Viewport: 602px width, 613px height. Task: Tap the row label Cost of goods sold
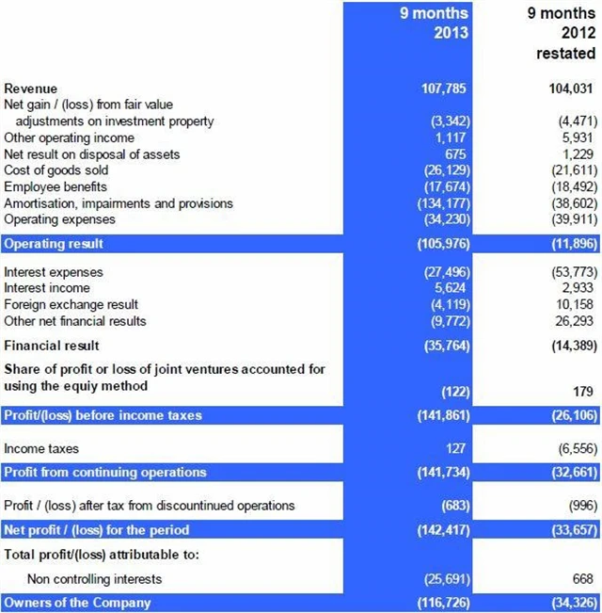tap(55, 170)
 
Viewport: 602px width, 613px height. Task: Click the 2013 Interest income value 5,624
tap(451, 288)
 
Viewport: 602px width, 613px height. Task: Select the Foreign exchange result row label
tap(71, 304)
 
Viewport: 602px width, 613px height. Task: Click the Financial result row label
tap(51, 346)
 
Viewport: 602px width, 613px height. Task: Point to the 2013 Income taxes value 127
tap(459, 449)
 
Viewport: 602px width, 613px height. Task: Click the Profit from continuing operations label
tap(105, 472)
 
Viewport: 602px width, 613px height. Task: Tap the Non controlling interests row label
tap(94, 579)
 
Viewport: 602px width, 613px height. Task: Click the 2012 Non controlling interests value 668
tap(583, 579)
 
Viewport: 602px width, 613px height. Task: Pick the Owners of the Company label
tap(76, 602)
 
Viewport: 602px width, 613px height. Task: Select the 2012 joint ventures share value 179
tap(584, 391)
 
